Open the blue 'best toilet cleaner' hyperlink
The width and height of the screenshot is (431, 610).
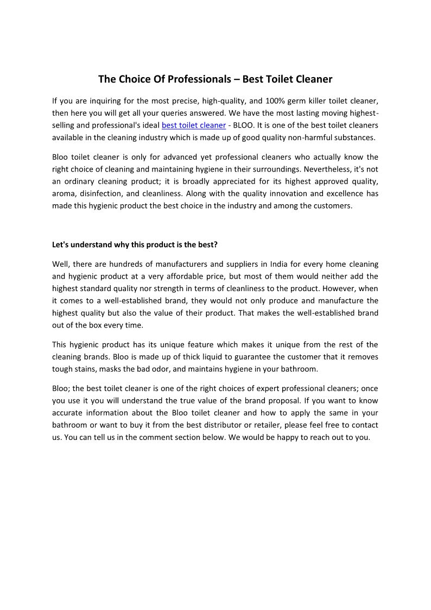click(193, 125)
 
